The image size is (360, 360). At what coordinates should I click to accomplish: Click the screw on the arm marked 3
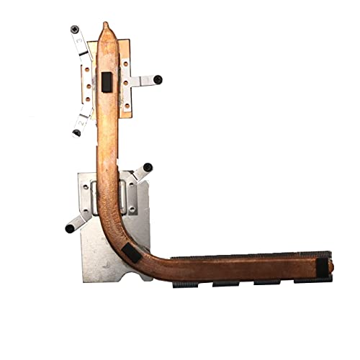click(75, 30)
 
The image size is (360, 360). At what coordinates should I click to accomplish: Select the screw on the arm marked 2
click(76, 132)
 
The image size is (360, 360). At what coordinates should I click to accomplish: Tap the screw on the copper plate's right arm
click(158, 79)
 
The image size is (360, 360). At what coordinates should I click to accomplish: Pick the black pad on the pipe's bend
click(132, 251)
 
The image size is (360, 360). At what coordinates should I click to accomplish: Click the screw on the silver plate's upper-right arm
click(148, 167)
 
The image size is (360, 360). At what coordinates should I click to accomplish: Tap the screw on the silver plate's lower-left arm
click(69, 228)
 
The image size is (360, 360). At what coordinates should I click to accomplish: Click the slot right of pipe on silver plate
click(132, 198)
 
